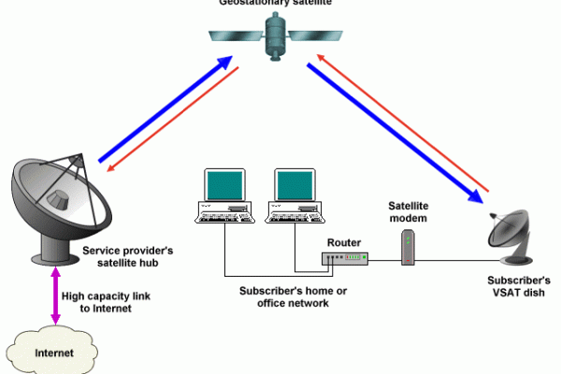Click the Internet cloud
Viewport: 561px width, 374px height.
54,352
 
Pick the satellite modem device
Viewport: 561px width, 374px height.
408,249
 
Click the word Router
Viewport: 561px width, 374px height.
343,242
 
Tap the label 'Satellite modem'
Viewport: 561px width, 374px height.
409,211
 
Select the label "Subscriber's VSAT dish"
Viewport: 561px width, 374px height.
518,287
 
